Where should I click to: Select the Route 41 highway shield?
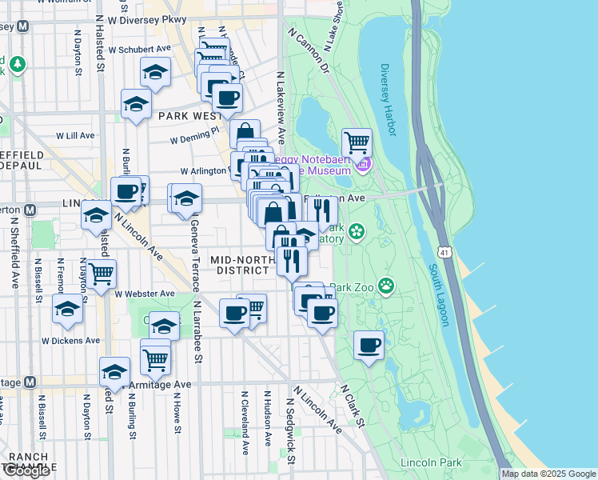[x=454, y=252]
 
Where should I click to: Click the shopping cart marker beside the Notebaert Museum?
[x=357, y=144]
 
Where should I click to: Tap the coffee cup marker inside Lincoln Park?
[x=369, y=346]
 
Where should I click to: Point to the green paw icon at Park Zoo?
[x=387, y=285]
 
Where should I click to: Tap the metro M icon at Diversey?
[x=23, y=26]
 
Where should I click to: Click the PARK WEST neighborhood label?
[x=189, y=116]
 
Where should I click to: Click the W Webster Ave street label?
[x=144, y=294]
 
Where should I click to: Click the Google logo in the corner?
[x=26, y=470]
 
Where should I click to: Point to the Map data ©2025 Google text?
[x=548, y=474]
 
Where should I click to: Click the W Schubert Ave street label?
[x=141, y=48]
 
